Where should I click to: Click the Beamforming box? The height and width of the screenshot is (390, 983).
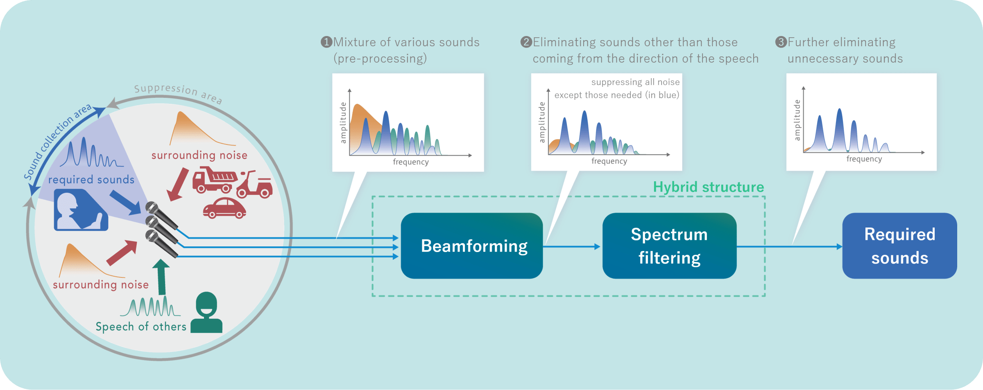(x=472, y=246)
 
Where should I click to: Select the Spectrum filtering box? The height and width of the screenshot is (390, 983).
(x=670, y=246)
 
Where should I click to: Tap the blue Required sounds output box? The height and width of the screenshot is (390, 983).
(x=900, y=246)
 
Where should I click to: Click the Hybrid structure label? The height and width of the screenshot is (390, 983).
(x=709, y=187)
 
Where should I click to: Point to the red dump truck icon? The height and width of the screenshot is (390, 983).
(x=215, y=180)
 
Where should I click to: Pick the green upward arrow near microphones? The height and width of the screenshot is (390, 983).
(x=161, y=277)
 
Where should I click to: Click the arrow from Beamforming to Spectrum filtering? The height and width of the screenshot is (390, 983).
(x=572, y=247)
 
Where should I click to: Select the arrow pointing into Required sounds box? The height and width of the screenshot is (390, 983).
(x=790, y=247)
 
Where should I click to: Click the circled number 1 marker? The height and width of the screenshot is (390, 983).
(x=326, y=42)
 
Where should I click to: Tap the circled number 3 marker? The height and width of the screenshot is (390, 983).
(x=781, y=42)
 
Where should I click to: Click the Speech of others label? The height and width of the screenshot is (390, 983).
(x=141, y=327)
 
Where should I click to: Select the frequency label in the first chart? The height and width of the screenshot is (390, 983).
(x=411, y=162)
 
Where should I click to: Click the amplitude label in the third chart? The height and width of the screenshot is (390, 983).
(x=797, y=120)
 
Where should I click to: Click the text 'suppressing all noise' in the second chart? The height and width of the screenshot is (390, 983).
(x=635, y=82)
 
